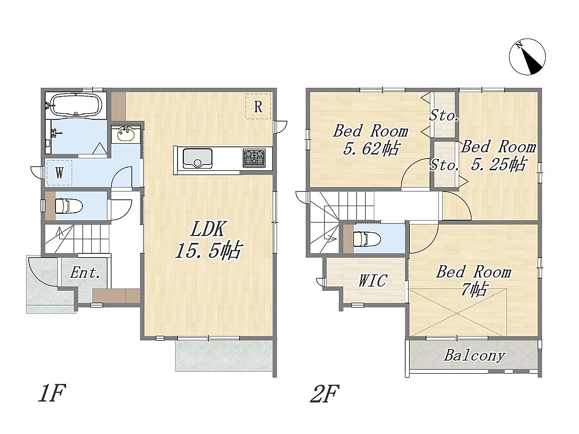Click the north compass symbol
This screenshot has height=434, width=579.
pos(527,57)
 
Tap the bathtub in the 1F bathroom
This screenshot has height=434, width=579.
pos(75,105)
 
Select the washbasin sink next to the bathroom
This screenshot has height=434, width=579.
pos(126,135)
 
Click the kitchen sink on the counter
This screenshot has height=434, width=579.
pos(198,158)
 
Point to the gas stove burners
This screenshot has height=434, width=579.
pos(253,157)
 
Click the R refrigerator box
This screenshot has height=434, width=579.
pos(258,106)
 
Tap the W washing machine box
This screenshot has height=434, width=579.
pos(59,173)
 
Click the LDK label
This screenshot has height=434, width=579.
pos(207,229)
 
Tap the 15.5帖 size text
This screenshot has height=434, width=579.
pos(208,250)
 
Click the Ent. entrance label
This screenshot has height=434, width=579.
pos(85,273)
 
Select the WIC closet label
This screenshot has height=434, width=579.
pos(373,280)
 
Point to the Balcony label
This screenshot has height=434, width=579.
pos(474,355)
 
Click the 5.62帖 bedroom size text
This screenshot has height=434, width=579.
pos(371,149)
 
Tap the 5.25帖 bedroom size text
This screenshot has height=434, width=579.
pos(498,164)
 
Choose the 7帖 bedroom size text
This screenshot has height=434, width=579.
pos(474,289)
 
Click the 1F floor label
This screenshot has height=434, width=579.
pos(52,393)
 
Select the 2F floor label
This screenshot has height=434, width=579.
pos(325,393)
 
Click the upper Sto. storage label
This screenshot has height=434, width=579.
pos(444,116)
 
